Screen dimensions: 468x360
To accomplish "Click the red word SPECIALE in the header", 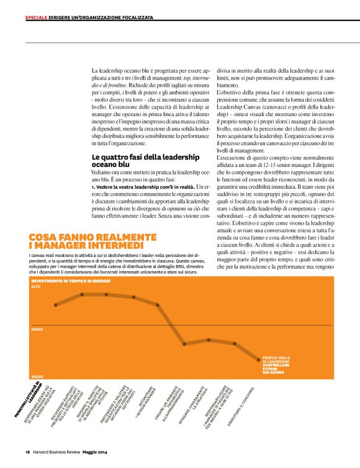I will (36, 17).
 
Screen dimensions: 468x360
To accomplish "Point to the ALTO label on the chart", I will (35, 287).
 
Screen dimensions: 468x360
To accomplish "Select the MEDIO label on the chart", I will (37, 329).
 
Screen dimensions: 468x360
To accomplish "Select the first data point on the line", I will (56, 305).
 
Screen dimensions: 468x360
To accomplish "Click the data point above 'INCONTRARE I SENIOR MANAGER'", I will (158, 305).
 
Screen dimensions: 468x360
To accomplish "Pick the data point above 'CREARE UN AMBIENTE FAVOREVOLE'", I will (184, 343).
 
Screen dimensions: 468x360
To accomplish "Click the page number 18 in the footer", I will (27, 451).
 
